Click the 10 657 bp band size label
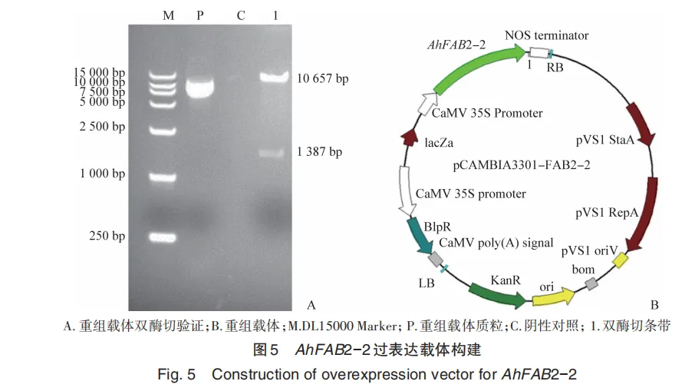[322, 78]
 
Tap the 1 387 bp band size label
[319, 151]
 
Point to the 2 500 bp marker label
[102, 126]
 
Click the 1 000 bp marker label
[102, 174]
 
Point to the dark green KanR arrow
[496, 293]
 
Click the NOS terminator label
[547, 35]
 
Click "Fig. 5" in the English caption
[176, 376]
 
